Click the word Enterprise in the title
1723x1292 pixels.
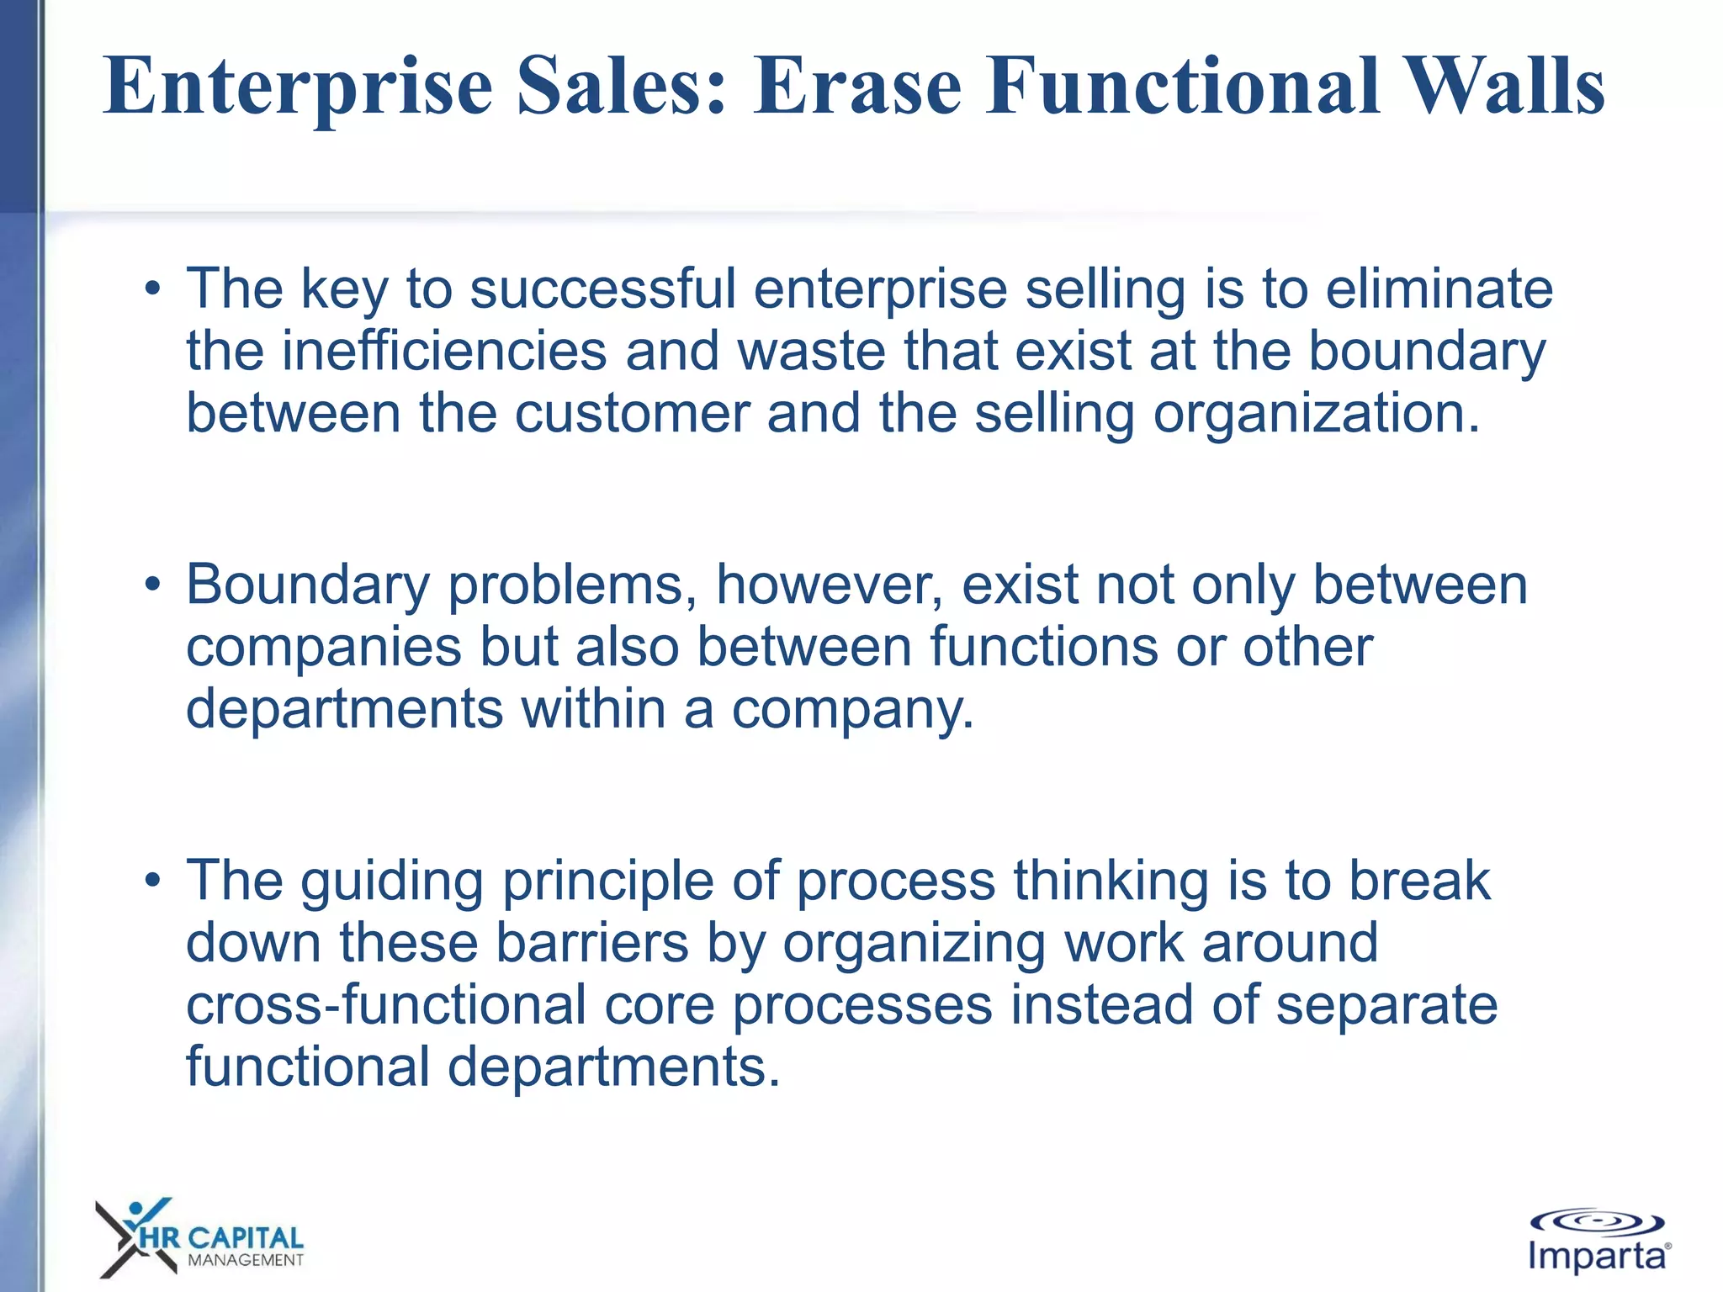click(x=298, y=87)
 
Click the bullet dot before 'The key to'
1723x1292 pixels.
click(x=151, y=289)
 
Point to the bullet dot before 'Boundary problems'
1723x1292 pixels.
click(x=151, y=585)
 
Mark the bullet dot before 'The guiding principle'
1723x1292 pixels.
click(x=151, y=882)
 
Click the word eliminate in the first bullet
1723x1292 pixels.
click(x=1439, y=289)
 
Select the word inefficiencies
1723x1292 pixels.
click(x=443, y=352)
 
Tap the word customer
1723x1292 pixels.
click(x=632, y=414)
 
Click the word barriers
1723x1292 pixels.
click(x=592, y=944)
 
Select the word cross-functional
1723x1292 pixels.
click(x=385, y=1006)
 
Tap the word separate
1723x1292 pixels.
click(x=1386, y=1006)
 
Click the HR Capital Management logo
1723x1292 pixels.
click(x=199, y=1238)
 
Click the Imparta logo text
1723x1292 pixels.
click(x=1596, y=1257)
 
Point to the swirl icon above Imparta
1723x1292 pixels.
click(x=1596, y=1222)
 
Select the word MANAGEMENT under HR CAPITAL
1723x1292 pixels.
click(x=245, y=1260)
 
